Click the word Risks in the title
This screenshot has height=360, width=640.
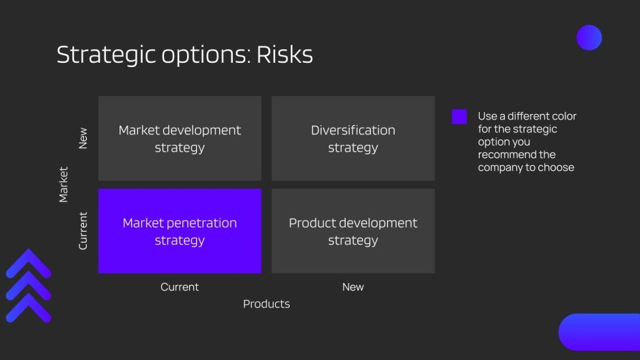[x=284, y=55]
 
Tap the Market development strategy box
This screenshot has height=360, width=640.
[x=180, y=138]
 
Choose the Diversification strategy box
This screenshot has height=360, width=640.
[x=353, y=138]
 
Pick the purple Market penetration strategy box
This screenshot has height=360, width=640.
[x=180, y=231]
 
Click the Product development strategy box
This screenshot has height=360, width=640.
[x=353, y=231]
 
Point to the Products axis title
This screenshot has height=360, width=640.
[x=266, y=304]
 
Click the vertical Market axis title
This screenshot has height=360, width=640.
[x=64, y=184]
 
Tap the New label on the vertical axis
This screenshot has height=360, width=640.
[x=83, y=139]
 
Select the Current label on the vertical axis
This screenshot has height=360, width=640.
[x=83, y=231]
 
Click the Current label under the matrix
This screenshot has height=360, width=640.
[x=180, y=287]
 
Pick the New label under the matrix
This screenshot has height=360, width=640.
[x=353, y=287]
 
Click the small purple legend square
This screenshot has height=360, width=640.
[x=460, y=117]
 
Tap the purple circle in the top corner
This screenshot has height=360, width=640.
[x=589, y=38]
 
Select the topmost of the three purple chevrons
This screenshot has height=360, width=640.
[x=29, y=264]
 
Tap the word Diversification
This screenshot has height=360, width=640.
[x=353, y=130]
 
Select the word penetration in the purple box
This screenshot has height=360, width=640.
[x=204, y=223]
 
